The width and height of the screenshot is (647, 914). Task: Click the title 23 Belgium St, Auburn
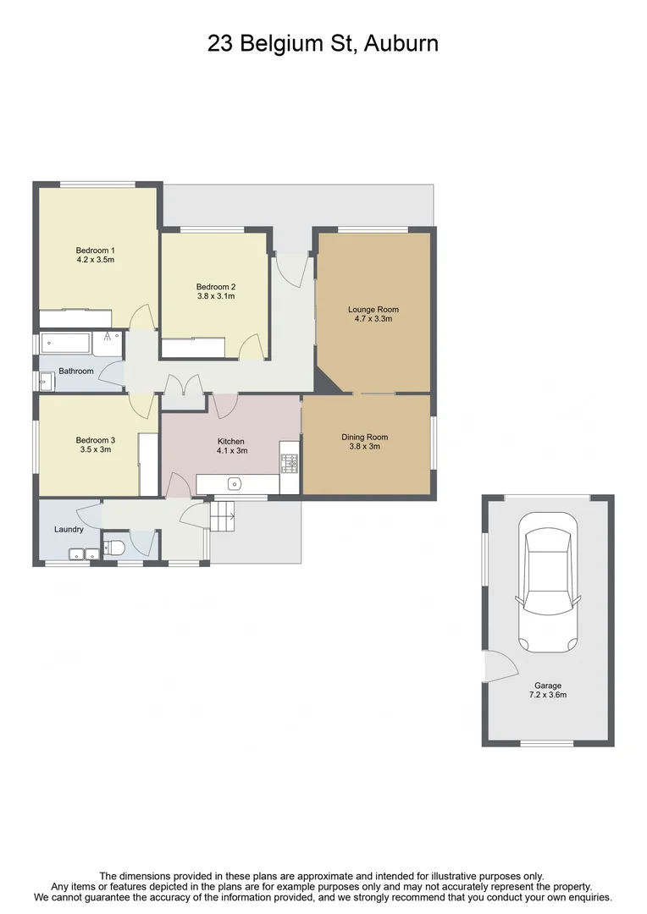pos(323,44)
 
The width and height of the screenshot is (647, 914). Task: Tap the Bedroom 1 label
pos(95,250)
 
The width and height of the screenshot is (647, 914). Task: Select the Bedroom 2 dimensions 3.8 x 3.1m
pos(215,296)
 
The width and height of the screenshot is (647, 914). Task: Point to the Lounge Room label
pos(373,310)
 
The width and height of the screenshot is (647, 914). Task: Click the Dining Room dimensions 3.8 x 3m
pos(365,447)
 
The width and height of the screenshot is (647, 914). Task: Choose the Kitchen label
pos(230,442)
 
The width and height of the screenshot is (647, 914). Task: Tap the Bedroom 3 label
pos(95,440)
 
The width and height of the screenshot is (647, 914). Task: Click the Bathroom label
pos(75,371)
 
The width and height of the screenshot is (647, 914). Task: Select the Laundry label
pos(69,530)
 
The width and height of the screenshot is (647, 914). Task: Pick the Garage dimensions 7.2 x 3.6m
pos(547,696)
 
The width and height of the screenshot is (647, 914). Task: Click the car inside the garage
pos(548,584)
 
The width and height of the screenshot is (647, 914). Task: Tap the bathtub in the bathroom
pos(65,344)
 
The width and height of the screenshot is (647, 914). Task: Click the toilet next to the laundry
pos(114,548)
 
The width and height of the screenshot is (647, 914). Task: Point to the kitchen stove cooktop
pos(289,462)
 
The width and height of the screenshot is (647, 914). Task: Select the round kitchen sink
pos(235,484)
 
